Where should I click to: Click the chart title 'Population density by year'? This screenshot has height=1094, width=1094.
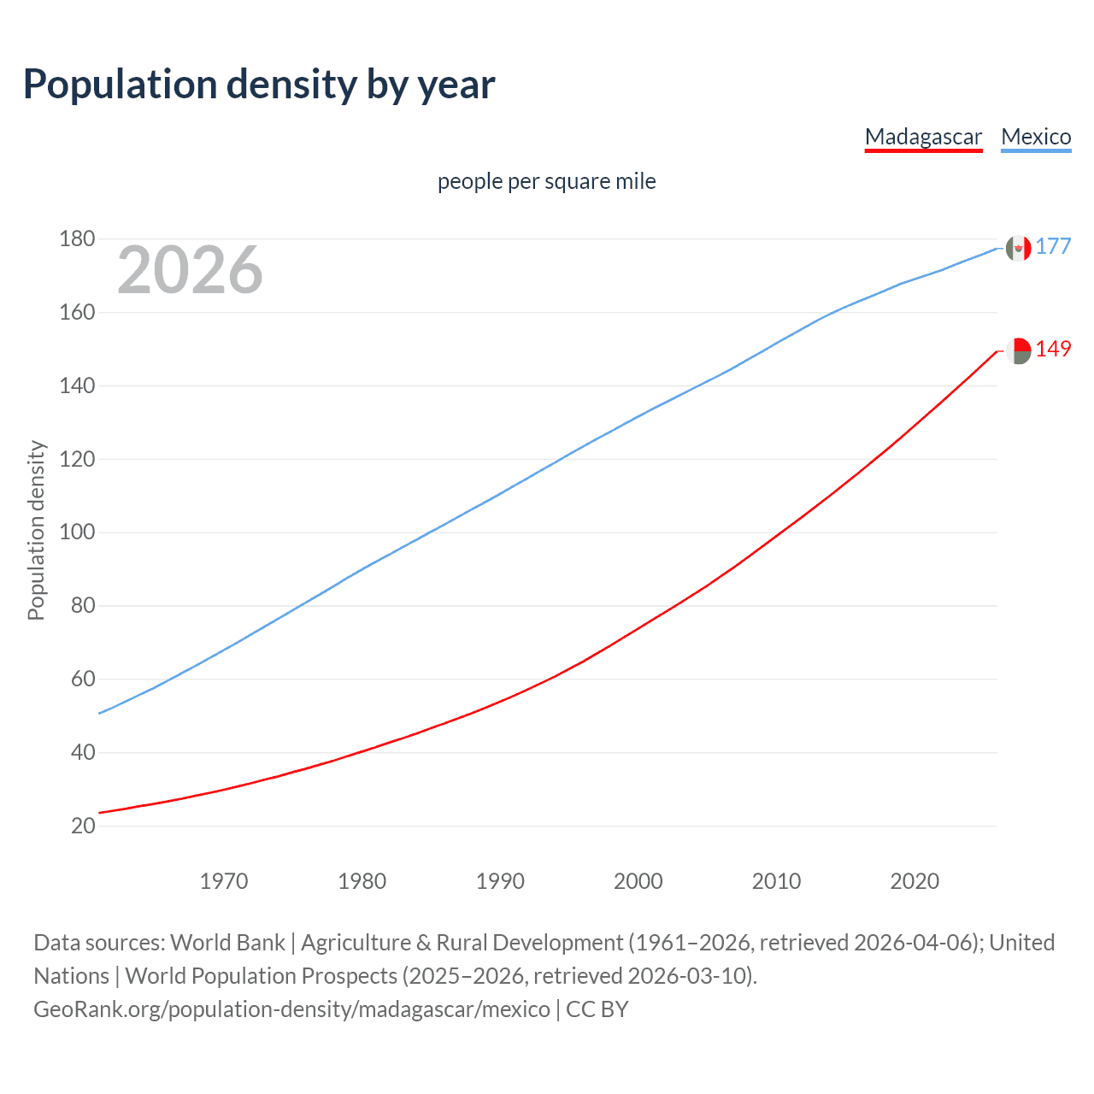coord(259,85)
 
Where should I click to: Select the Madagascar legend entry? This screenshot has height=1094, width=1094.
coord(923,137)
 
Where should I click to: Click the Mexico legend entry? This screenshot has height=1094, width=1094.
coord(1036,137)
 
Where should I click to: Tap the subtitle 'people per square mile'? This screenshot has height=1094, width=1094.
coord(547,182)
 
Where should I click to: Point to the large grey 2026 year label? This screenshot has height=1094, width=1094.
coord(190,270)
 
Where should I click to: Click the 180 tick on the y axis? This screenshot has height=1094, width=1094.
coord(77,239)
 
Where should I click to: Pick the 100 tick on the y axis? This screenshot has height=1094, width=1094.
coord(77,532)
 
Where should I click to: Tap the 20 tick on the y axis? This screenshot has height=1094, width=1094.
coord(83,826)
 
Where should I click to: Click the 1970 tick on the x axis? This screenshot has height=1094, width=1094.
coord(224,881)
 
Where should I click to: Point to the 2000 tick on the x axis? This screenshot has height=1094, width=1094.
coord(638,881)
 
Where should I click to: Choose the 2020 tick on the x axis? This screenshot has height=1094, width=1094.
coord(915,881)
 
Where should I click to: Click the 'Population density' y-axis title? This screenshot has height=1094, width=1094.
coord(36,530)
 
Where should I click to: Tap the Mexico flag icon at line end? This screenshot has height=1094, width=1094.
coord(1018,248)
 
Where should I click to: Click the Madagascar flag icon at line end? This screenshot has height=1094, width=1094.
coord(1018,350)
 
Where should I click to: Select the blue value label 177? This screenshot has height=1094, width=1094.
coord(1053,247)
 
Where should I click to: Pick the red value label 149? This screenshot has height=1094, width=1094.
coord(1053,350)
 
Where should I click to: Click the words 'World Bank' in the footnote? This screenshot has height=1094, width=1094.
coord(227,943)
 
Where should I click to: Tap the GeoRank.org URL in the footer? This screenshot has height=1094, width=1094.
coord(291,1009)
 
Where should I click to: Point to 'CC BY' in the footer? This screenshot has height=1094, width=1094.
coord(597,1009)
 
